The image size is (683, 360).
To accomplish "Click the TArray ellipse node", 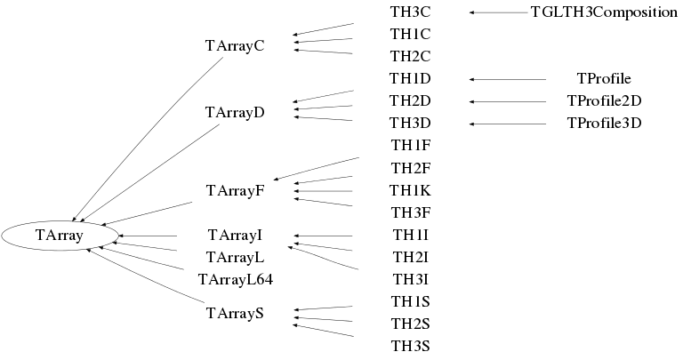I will [x=60, y=236].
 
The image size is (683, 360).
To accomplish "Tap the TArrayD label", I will [x=235, y=113].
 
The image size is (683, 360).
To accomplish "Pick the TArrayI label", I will [x=235, y=236].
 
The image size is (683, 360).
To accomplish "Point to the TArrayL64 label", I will [x=235, y=280].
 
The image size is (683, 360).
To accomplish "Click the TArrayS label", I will [x=235, y=313].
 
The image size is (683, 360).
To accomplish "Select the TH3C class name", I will [x=410, y=12].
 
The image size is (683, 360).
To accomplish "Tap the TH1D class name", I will [x=410, y=79].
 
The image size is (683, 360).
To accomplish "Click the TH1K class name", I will [x=410, y=190].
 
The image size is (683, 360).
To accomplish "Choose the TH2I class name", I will [x=410, y=258].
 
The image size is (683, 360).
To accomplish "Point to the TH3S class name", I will [x=410, y=344].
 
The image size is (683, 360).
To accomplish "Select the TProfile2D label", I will [x=604, y=101].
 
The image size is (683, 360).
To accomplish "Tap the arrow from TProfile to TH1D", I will [x=507, y=79].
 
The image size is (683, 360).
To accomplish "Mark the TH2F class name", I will [x=410, y=167].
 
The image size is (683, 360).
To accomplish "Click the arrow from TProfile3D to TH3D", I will [x=507, y=124].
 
